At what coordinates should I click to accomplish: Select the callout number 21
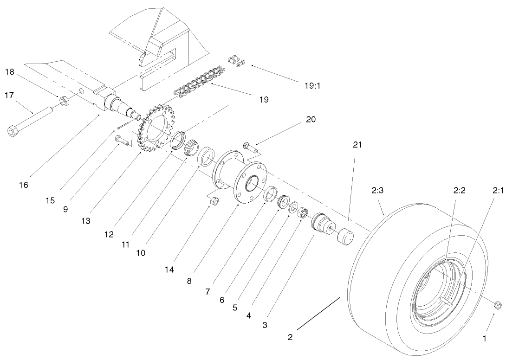[x=357, y=145]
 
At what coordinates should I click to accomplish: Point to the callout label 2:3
[x=377, y=190]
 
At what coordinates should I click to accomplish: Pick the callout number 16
[x=23, y=185]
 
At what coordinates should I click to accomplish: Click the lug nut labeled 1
[x=496, y=305]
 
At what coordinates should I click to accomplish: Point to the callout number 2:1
[x=498, y=190]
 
